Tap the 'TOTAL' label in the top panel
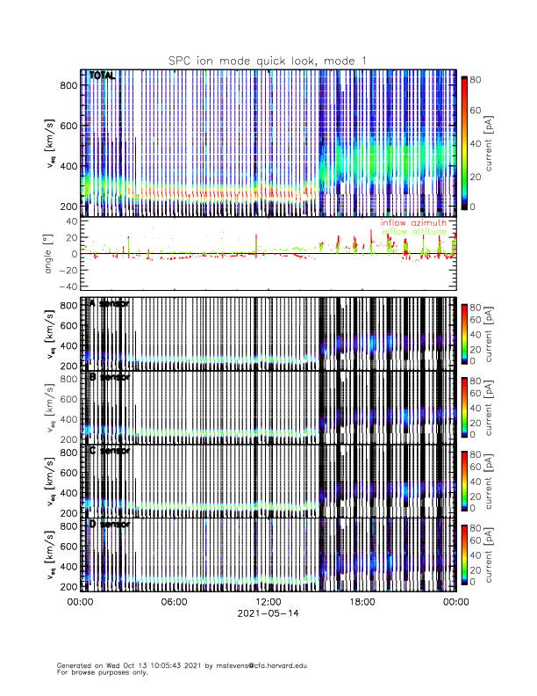[102, 76]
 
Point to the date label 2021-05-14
[268, 613]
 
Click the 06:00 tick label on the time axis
[174, 602]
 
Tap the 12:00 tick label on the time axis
[268, 602]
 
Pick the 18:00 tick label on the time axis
[362, 602]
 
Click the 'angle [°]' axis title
[49, 254]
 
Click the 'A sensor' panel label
[109, 303]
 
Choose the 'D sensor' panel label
[109, 525]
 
